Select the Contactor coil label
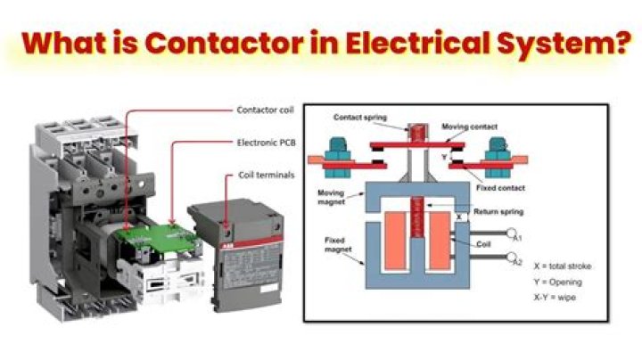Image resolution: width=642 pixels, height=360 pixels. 266,111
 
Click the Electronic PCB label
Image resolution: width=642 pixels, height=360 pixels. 265,143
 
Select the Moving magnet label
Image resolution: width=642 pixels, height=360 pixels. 333,197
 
